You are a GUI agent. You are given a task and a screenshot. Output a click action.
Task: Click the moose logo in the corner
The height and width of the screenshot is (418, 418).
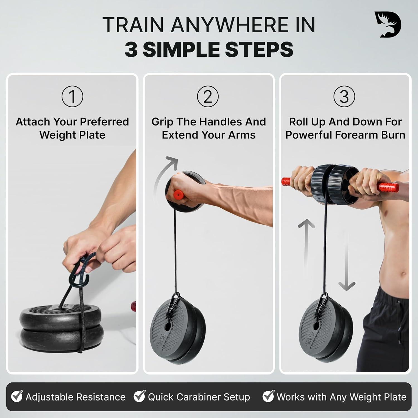pyautogui.click(x=387, y=25)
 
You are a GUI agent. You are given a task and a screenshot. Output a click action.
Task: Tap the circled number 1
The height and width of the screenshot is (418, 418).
pyautogui.click(x=72, y=96)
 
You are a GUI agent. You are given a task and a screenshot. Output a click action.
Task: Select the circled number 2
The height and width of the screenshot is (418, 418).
pyautogui.click(x=208, y=96)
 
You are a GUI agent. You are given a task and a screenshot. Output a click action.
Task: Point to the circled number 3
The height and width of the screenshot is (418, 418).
pyautogui.click(x=344, y=96)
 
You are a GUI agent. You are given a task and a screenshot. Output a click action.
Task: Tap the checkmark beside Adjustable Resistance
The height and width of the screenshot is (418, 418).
pyautogui.click(x=17, y=396)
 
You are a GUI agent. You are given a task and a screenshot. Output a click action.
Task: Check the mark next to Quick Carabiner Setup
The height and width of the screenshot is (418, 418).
pyautogui.click(x=140, y=396)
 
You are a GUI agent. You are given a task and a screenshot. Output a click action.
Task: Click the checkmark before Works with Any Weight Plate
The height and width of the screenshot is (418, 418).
pyautogui.click(x=269, y=396)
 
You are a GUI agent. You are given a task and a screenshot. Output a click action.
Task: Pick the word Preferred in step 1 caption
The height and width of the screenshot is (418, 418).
pyautogui.click(x=104, y=122)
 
